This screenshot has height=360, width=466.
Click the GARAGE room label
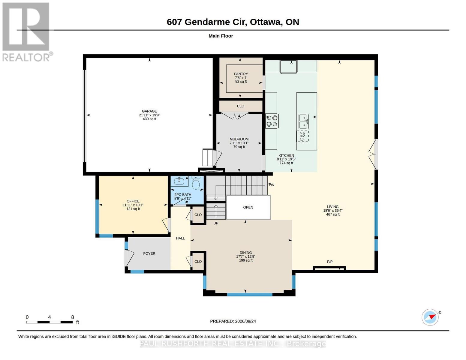(149, 111)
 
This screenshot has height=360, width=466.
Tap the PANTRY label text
(241, 74)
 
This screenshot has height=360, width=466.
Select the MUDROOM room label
(239, 139)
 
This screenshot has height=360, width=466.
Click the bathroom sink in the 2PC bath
(179, 181)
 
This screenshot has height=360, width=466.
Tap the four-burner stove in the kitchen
(272, 121)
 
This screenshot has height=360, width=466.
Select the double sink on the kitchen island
(304, 121)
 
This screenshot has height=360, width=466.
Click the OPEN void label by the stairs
(248, 207)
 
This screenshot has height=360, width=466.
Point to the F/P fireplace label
(329, 262)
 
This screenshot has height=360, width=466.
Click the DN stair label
(272, 185)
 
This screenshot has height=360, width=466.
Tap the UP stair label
(216, 223)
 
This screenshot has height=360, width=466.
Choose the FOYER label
(149, 253)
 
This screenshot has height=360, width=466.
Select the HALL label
(180, 238)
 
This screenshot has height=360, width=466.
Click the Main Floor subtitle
(221, 36)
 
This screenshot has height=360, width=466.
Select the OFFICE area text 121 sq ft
(133, 209)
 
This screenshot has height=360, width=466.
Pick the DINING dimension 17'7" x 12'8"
(246, 256)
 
